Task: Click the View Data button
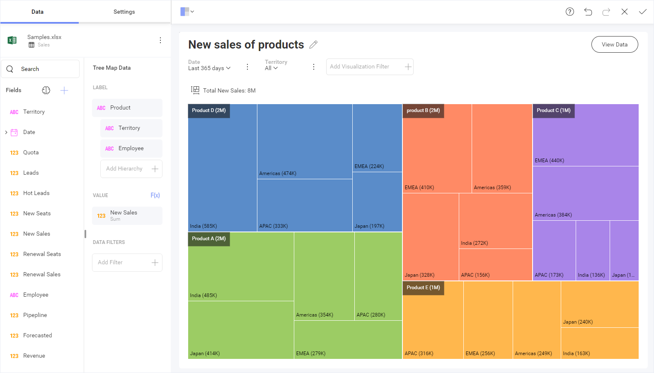pos(614,44)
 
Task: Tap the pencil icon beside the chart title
pos(313,44)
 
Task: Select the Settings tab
pos(124,12)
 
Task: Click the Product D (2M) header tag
pos(208,110)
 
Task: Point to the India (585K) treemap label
pos(203,226)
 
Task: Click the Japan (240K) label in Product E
pos(577,322)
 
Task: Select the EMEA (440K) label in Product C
pos(549,161)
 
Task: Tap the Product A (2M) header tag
pos(208,239)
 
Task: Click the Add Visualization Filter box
pos(369,67)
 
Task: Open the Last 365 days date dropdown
pos(209,68)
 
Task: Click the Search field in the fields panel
pos(40,69)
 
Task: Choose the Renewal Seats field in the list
pos(42,254)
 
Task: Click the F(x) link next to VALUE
pos(155,195)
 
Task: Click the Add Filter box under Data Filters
pos(127,263)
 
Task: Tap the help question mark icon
pos(569,12)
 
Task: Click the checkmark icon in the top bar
pos(642,12)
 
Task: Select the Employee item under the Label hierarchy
pos(131,149)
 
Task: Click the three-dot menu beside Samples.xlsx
pos(160,40)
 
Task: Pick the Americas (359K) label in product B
pos(492,188)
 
